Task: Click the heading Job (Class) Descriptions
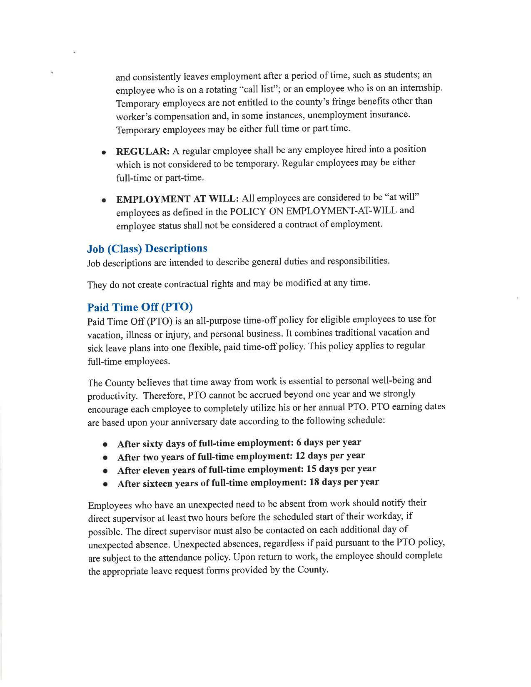point(147,249)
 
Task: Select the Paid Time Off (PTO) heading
point(140,307)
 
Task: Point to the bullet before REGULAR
point(104,152)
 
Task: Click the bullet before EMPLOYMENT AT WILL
point(104,200)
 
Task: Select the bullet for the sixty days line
point(106,445)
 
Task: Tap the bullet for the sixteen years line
point(106,484)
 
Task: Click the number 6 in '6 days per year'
point(299,442)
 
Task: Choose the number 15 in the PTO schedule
point(312,469)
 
